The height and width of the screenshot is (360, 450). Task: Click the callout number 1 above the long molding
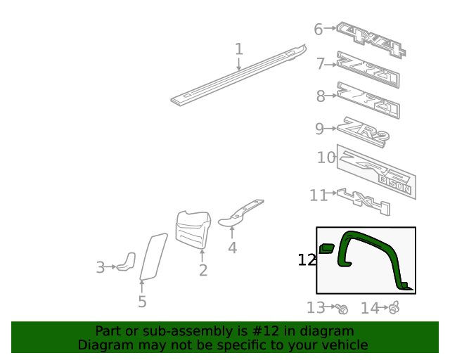239,49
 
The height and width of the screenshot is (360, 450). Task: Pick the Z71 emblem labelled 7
368,70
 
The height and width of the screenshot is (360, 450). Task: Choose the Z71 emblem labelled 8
368,100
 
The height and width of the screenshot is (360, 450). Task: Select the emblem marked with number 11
363,200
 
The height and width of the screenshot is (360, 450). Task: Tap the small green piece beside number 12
326,247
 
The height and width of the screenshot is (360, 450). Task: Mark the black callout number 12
307,260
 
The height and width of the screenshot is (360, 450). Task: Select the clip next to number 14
394,307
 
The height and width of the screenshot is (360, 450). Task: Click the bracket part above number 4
242,213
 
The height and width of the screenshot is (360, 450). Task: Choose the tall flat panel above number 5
153,256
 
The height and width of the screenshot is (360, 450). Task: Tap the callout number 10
326,157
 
